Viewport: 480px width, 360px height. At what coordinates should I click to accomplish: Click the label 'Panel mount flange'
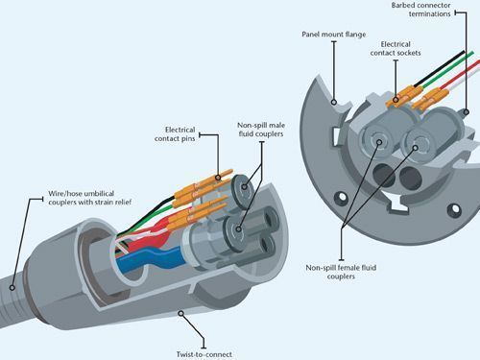(334, 35)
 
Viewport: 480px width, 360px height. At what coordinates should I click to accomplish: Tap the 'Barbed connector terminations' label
(420, 10)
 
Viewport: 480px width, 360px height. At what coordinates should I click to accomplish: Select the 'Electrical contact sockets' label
(396, 49)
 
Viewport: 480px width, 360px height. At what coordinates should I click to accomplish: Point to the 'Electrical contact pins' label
(175, 134)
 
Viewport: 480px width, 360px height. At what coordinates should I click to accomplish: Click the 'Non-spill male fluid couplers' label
(261, 130)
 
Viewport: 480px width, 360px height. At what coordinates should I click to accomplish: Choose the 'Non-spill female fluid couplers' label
(341, 272)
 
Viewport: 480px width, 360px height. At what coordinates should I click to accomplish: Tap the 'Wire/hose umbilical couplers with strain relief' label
(90, 198)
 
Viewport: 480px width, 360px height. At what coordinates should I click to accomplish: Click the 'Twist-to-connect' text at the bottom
(204, 354)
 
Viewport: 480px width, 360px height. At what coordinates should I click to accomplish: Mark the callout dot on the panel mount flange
(334, 102)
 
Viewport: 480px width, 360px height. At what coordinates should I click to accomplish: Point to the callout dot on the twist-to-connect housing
(181, 313)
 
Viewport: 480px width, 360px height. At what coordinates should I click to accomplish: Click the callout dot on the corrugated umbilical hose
(12, 287)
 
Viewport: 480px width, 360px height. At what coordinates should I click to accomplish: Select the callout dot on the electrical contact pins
(218, 178)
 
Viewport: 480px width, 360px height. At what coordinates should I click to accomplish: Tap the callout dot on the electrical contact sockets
(396, 100)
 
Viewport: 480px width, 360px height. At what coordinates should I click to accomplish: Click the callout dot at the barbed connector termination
(467, 112)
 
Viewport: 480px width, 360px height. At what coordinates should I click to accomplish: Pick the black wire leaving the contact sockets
(439, 68)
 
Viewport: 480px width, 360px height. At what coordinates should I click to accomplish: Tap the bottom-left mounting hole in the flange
(342, 197)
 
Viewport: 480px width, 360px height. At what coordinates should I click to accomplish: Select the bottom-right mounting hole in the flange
(455, 209)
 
